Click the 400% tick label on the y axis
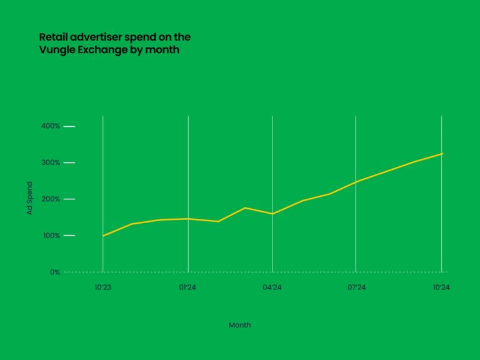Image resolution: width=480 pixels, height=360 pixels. point(51,126)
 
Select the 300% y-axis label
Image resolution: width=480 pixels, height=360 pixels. point(51,162)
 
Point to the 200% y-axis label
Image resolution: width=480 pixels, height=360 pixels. point(51,199)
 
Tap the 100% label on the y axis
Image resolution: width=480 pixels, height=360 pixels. point(51,236)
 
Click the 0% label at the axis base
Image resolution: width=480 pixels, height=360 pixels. point(55,272)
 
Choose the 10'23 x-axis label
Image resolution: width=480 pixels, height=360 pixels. point(102,287)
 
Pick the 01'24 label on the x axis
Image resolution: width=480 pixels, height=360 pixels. point(188,287)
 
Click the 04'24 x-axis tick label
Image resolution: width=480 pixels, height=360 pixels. point(272,287)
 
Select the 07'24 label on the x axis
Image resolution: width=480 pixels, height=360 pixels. point(356,287)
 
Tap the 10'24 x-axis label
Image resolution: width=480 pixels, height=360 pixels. point(441,287)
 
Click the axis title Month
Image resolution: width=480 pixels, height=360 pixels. point(239,325)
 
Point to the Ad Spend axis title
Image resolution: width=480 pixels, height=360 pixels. point(29,199)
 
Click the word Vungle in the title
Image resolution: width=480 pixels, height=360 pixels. point(57,50)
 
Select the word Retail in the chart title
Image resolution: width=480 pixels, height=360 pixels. point(54,37)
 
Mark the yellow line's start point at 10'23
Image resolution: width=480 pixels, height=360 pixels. point(102,236)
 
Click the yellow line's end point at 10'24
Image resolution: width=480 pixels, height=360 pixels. point(442,153)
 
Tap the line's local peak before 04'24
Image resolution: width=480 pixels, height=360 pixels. point(245,207)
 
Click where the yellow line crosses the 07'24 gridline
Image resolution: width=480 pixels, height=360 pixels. point(356,182)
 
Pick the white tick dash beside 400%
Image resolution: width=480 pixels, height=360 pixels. point(69,126)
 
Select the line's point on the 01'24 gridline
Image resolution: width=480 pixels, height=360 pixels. point(188,219)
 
